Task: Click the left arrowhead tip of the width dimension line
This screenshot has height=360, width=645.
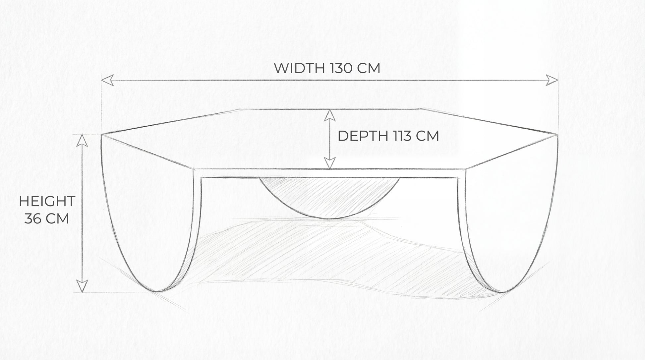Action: (101, 80)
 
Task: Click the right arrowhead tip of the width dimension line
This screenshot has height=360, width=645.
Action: (558, 80)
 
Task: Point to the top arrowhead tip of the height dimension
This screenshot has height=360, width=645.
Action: (82, 135)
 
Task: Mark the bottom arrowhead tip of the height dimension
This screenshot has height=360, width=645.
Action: (82, 292)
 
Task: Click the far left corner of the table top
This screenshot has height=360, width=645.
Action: (101, 135)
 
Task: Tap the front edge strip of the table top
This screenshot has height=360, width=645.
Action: (330, 173)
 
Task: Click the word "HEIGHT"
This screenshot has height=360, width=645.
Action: (47, 202)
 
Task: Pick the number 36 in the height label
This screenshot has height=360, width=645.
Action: (32, 219)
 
